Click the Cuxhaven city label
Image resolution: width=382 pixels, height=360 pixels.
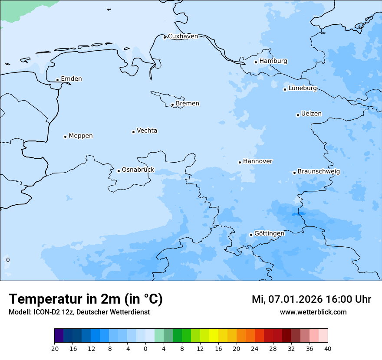click(183, 36)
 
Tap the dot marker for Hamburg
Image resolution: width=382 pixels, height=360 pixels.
click(256, 62)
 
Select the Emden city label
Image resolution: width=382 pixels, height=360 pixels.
click(71, 79)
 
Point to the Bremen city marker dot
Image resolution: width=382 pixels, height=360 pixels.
click(172, 105)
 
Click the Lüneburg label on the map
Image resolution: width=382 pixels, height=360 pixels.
click(303, 88)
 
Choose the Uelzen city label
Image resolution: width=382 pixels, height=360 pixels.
click(311, 114)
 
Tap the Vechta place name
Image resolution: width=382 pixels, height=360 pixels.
click(147, 131)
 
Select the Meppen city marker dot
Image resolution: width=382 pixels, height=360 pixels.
click(65, 137)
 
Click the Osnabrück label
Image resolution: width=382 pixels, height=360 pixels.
click(138, 170)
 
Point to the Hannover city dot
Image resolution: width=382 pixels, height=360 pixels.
click(240, 163)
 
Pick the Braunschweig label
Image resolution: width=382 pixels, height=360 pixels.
click(319, 171)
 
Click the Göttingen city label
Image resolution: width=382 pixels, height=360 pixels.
click(269, 233)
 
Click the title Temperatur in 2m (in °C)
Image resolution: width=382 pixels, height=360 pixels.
click(86, 299)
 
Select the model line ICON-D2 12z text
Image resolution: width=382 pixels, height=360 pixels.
click(79, 312)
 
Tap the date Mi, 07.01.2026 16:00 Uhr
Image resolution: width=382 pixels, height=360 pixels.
click(311, 299)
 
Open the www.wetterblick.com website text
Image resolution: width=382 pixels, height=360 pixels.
click(313, 312)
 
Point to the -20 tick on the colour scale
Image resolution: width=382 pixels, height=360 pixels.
click(54, 349)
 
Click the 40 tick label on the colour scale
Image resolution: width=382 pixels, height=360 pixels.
click(328, 349)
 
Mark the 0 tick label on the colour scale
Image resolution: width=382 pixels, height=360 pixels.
click(145, 349)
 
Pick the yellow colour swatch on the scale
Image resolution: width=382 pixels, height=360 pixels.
click(214, 336)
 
